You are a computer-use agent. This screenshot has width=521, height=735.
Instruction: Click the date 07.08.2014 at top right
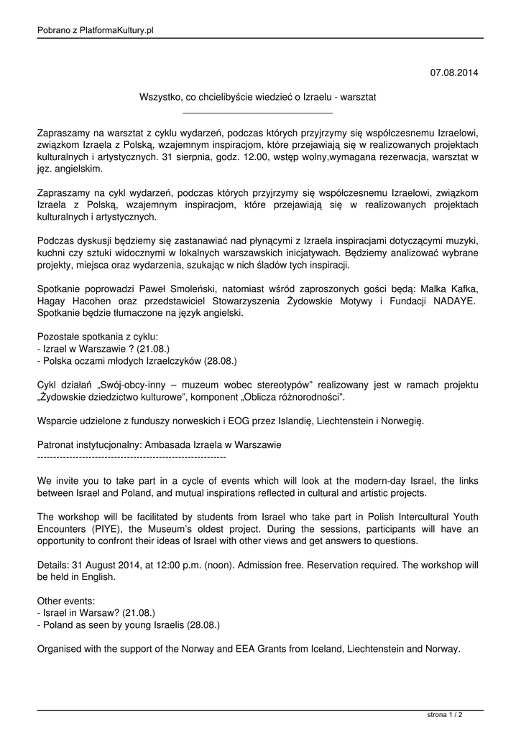tap(453, 72)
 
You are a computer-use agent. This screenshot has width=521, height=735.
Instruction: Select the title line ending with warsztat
tap(257, 96)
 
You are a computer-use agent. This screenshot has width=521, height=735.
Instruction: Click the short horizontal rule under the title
tap(257, 113)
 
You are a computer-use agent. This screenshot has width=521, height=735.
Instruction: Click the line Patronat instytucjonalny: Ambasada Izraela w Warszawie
tap(159, 444)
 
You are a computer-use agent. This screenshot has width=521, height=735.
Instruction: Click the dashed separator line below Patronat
tap(132, 457)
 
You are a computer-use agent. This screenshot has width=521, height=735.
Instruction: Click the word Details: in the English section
tap(55, 564)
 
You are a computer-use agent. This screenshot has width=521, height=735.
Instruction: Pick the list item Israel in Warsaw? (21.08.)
tap(96, 613)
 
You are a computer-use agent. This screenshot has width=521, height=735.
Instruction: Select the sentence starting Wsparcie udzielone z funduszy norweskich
tap(230, 421)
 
